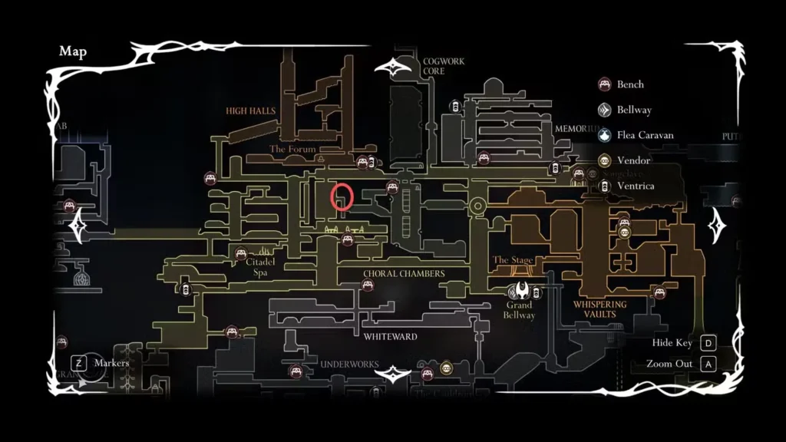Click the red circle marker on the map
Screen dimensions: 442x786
(342, 197)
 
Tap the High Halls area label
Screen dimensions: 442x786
(250, 110)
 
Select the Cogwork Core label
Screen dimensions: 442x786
(434, 66)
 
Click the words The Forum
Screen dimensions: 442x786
(292, 149)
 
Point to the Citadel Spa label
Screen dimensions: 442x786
(260, 267)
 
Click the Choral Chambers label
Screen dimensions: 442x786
(404, 273)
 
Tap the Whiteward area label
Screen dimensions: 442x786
(390, 336)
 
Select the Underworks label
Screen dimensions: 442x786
(349, 364)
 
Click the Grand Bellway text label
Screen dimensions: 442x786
(519, 310)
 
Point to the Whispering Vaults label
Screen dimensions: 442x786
(600, 308)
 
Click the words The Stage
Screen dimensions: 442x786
(512, 260)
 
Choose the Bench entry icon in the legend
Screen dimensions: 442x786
(604, 84)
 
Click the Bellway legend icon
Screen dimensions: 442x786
(604, 110)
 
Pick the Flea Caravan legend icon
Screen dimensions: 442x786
(604, 135)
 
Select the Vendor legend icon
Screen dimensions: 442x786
(604, 160)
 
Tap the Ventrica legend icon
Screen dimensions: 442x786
(604, 186)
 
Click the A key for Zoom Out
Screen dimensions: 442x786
(708, 364)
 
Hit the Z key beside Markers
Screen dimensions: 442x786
(78, 362)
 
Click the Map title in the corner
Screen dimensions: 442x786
(73, 51)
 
